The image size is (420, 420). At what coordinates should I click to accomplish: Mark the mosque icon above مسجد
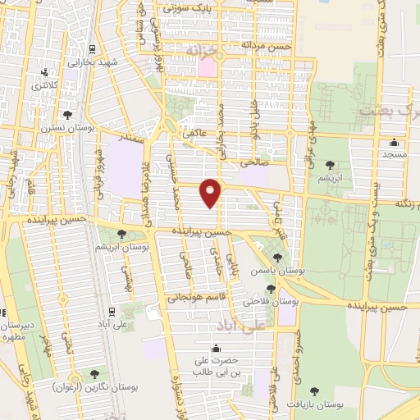389,142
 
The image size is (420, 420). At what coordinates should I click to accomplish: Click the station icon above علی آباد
112,311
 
